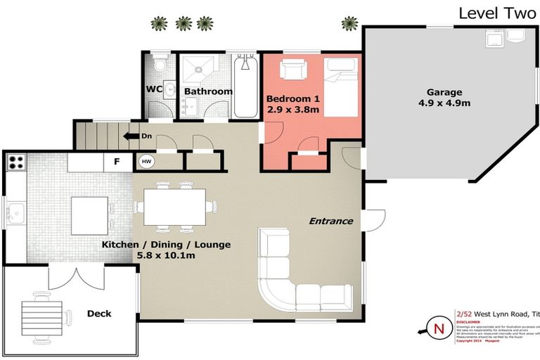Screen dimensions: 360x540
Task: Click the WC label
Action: point(155,89)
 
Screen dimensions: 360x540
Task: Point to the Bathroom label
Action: point(208,91)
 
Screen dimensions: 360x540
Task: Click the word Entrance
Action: point(330,221)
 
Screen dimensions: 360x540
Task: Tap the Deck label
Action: point(99,313)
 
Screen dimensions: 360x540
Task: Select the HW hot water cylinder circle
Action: point(146,161)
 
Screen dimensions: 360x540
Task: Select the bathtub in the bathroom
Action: point(246,86)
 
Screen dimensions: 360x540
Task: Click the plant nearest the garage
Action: point(349,24)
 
